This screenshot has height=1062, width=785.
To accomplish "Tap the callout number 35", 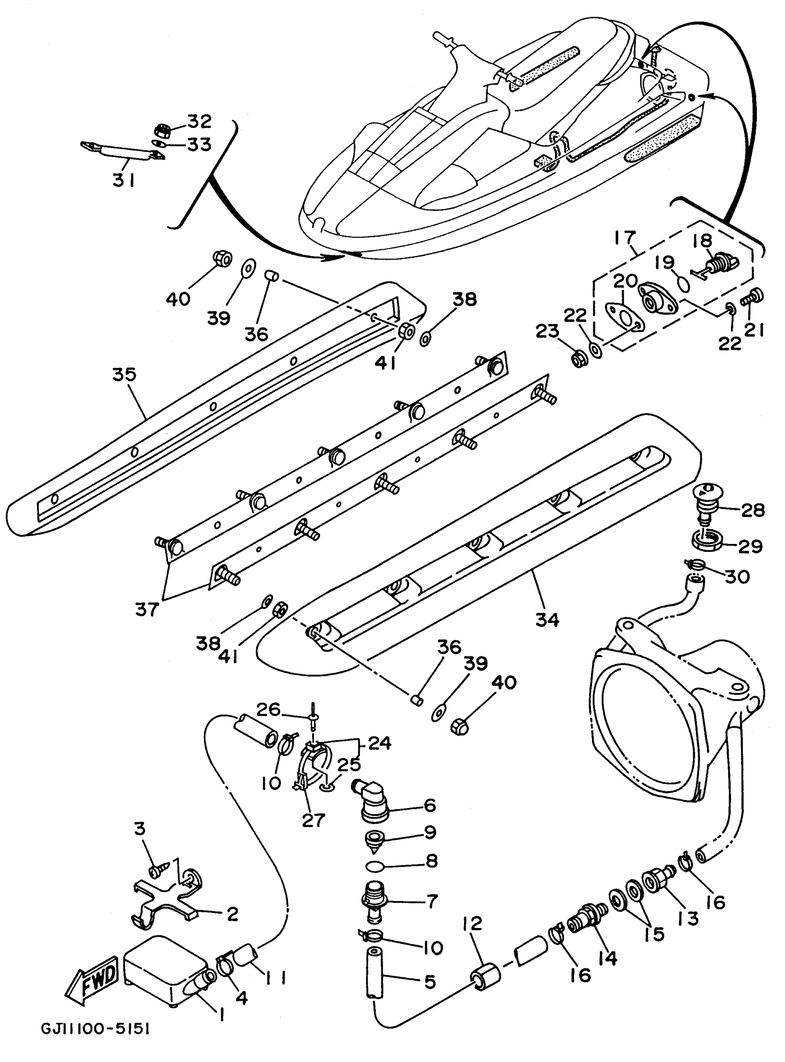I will (x=124, y=374).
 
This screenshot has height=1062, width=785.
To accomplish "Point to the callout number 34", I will (x=547, y=619).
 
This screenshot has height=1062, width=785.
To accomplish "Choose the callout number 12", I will (x=471, y=923).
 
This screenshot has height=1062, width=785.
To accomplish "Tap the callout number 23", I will (x=547, y=331).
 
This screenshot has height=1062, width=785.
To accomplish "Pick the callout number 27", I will (x=313, y=820).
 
